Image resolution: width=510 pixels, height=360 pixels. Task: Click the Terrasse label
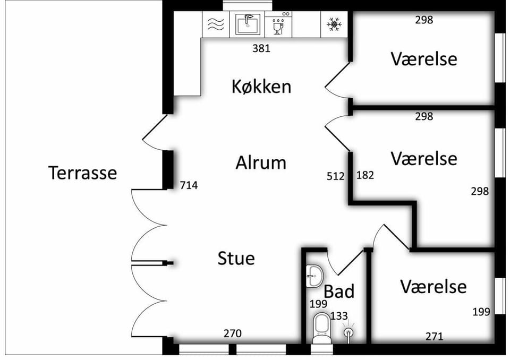(83, 173)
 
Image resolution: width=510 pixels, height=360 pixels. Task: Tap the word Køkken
(261, 87)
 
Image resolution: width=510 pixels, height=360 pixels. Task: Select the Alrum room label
(261, 162)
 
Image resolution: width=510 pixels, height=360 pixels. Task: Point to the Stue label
(236, 258)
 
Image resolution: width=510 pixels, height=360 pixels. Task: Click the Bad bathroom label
(339, 292)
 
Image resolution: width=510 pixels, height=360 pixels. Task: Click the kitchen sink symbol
(248, 24)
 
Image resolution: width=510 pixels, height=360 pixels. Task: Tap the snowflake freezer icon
(334, 25)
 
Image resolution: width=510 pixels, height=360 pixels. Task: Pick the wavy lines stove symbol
(216, 24)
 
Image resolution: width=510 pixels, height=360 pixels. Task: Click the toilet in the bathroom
(321, 328)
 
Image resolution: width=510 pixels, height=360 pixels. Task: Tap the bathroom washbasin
(314, 276)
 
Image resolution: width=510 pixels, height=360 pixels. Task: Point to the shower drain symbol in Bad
(348, 333)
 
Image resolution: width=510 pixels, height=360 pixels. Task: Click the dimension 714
(189, 185)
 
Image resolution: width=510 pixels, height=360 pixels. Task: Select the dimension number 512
(335, 176)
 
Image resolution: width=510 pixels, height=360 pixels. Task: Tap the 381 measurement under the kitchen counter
(261, 48)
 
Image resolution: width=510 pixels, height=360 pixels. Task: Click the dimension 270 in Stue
(233, 333)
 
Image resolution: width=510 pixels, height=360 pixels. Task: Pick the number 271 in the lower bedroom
(434, 336)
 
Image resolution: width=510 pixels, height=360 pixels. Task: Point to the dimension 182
(365, 175)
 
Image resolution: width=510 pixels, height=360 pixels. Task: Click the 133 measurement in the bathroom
(339, 316)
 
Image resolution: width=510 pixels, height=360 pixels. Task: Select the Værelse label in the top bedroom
(424, 59)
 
